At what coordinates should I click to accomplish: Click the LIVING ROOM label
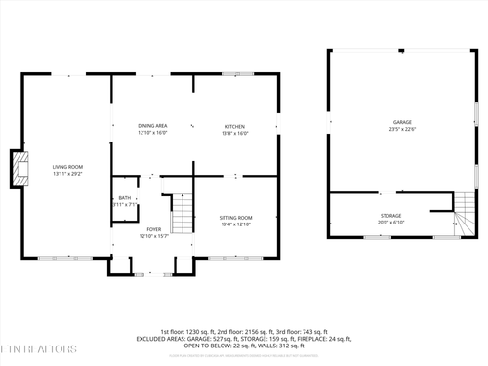tap(68, 167)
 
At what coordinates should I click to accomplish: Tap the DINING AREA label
tap(152, 126)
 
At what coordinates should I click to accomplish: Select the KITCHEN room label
tap(235, 126)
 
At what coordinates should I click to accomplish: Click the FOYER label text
tap(153, 228)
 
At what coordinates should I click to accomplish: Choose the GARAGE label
tap(402, 122)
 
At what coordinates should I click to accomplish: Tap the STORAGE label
tap(390, 215)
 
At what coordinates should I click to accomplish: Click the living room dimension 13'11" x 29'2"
tap(68, 174)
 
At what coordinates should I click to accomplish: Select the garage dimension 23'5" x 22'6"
tap(402, 129)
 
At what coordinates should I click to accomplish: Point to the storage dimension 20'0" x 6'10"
tap(390, 222)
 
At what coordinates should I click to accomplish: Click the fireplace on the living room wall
tap(17, 169)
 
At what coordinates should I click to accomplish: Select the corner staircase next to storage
tap(465, 220)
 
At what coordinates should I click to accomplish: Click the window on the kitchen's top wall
tap(235, 74)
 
